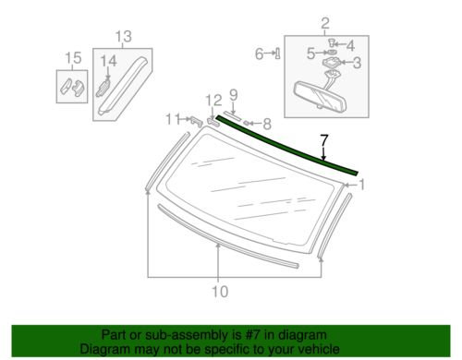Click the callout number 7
tap(323, 140)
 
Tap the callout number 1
tap(362, 185)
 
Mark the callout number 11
tap(171, 118)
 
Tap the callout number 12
tap(213, 100)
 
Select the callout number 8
tap(266, 122)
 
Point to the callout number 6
tap(260, 54)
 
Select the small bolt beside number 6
tap(275, 54)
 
